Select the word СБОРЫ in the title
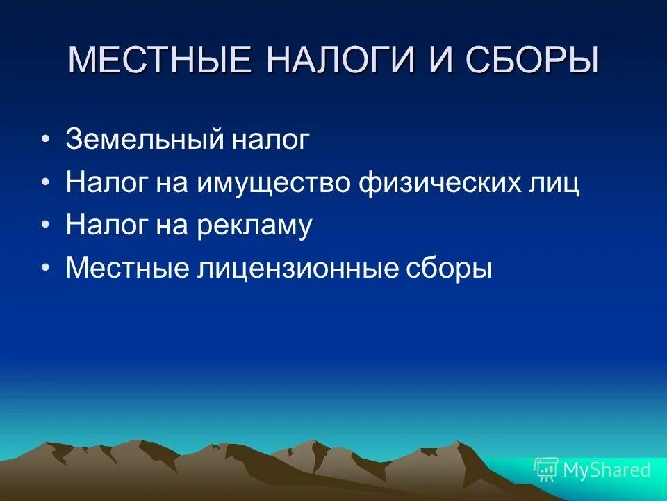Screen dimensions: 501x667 (532, 61)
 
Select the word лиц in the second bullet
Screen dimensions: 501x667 (552, 184)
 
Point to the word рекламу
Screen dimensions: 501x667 (255, 226)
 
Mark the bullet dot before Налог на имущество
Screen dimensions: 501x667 (46, 184)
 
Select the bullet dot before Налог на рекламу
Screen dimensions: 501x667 (46, 226)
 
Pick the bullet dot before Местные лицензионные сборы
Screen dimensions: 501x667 (46, 269)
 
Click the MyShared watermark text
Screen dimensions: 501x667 (607, 470)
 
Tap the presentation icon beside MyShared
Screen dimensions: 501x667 (546, 470)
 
